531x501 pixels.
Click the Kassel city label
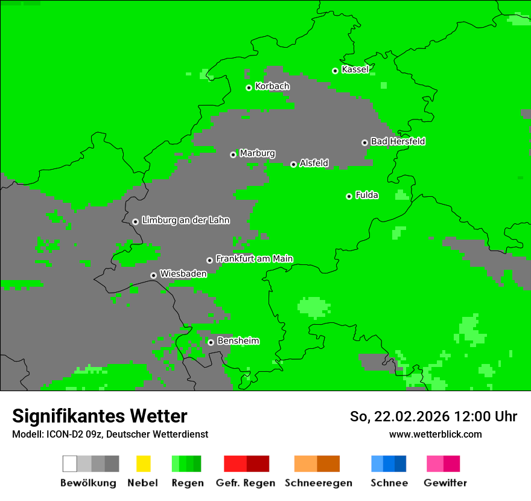(355, 69)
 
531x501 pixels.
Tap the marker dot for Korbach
(249, 88)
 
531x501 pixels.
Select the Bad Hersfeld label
(398, 141)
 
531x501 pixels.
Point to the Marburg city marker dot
(233, 155)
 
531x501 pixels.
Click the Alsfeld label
(314, 163)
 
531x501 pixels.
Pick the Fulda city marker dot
(349, 196)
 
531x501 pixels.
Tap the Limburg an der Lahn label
(185, 220)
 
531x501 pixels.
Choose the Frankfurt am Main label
(254, 258)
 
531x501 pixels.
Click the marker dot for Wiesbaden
(153, 275)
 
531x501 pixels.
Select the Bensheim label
(238, 340)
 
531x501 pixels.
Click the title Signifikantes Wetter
(100, 416)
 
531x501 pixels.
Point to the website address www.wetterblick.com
(435, 434)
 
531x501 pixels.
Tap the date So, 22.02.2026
(399, 416)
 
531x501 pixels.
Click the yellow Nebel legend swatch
(143, 464)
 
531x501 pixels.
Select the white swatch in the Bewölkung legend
(70, 464)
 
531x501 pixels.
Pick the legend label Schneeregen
(318, 483)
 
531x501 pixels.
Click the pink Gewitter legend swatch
(435, 464)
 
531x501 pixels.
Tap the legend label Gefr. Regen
(245, 483)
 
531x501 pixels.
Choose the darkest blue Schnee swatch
(401, 464)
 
